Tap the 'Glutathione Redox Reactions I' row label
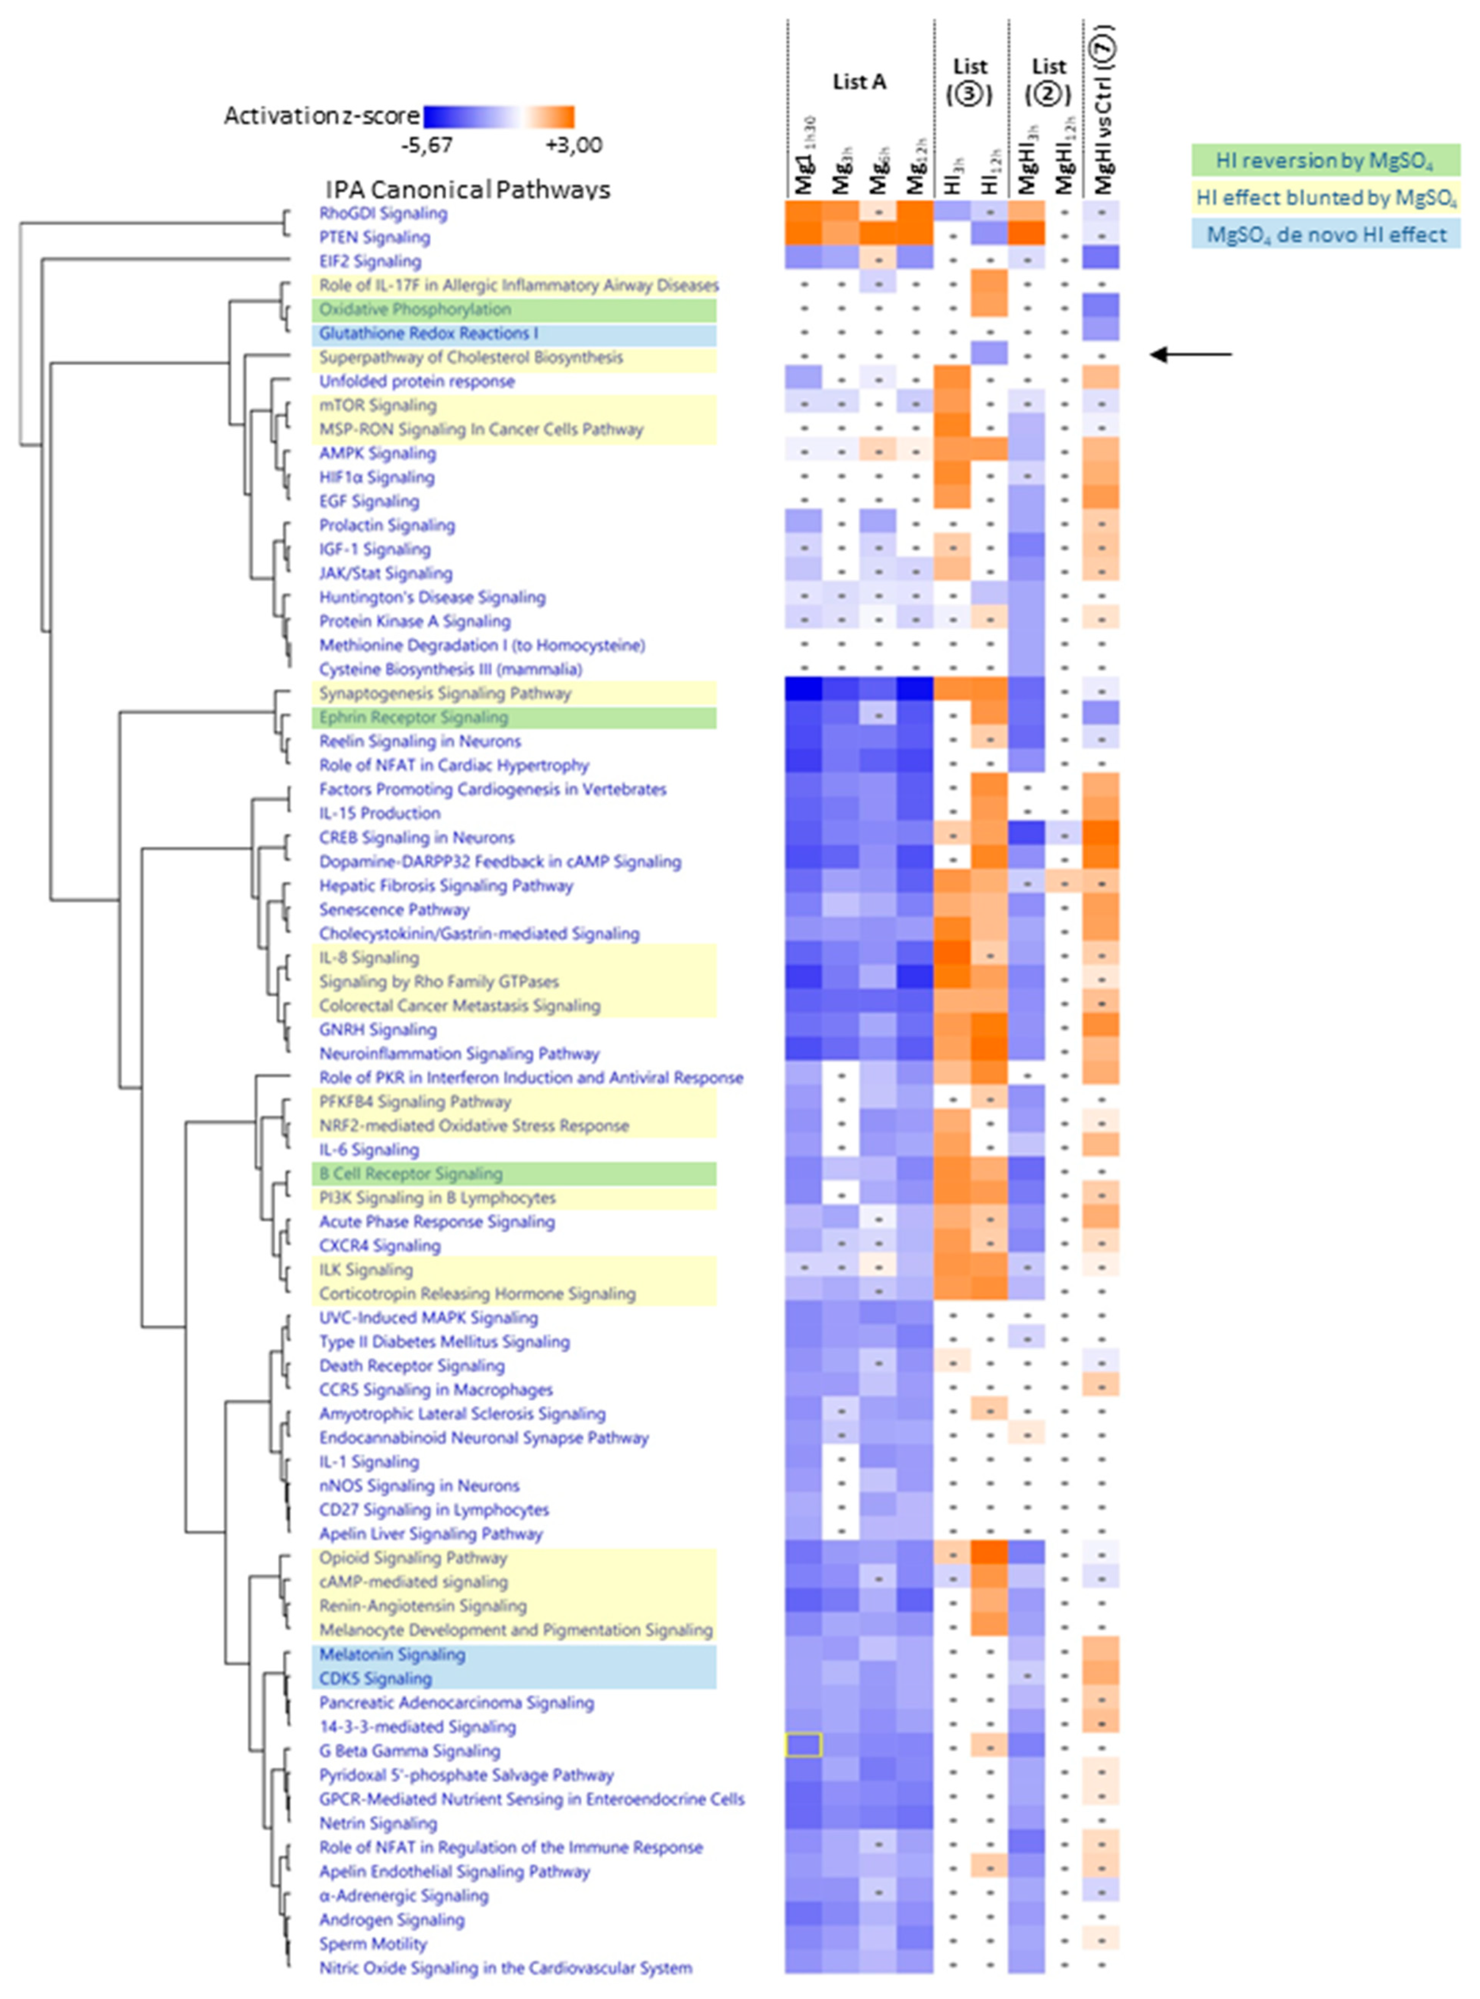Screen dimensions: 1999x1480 [x=428, y=333]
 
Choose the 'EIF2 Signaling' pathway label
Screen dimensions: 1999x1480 [x=370, y=262]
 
